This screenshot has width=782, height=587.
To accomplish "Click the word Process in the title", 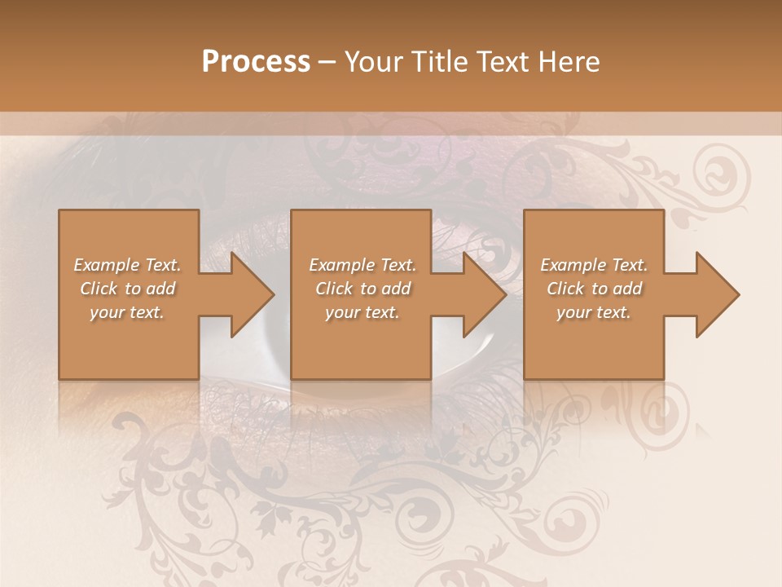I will (256, 62).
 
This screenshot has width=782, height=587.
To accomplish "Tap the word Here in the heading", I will (569, 62).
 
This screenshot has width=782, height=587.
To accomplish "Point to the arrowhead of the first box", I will (253, 294).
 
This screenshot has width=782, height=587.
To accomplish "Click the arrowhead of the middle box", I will (485, 294).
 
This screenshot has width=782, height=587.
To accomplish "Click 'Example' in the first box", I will (105, 265).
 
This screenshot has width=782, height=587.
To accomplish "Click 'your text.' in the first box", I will (127, 312).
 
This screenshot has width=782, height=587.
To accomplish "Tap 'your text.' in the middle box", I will (362, 312).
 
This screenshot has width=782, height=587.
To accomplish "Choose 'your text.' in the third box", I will (593, 312).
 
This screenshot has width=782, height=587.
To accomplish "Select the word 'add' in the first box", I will (161, 289).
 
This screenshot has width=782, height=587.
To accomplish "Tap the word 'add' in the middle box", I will (397, 289).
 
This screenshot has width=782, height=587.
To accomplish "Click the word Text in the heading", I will (502, 62).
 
